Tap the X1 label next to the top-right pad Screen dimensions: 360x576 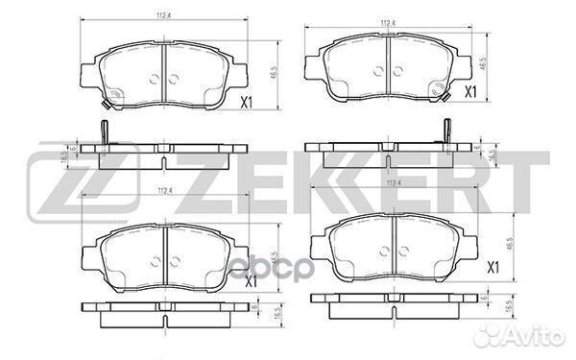(x=471, y=92)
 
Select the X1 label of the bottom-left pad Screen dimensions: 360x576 (x=252, y=283)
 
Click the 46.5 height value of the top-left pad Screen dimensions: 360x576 (x=275, y=72)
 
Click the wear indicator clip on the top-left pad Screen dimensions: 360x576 (x=110, y=95)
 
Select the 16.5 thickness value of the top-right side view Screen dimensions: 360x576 (x=492, y=154)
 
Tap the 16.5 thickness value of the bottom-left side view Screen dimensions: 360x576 (x=275, y=314)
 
